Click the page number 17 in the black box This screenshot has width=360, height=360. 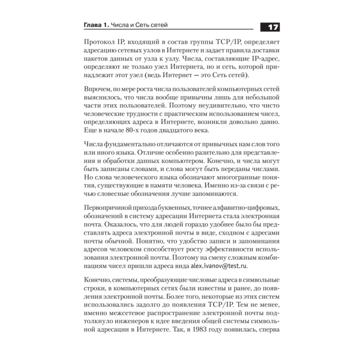(x=269, y=27)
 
